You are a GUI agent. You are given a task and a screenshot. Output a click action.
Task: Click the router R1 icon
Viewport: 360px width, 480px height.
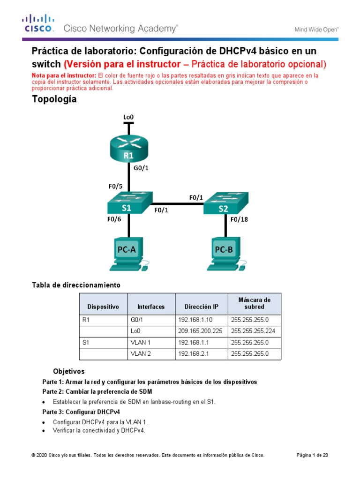click(x=128, y=149)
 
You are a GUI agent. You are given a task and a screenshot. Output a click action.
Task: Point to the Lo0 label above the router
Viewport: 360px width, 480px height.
click(x=128, y=116)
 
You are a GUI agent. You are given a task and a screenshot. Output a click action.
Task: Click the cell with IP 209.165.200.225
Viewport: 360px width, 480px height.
click(x=201, y=331)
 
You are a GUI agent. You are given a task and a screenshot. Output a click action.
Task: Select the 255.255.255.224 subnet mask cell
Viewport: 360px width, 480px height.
click(x=254, y=331)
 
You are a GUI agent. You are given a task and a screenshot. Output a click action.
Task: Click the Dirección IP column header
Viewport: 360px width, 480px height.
click(x=201, y=307)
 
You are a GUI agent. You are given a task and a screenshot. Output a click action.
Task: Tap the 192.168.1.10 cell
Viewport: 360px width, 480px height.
click(x=201, y=320)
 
